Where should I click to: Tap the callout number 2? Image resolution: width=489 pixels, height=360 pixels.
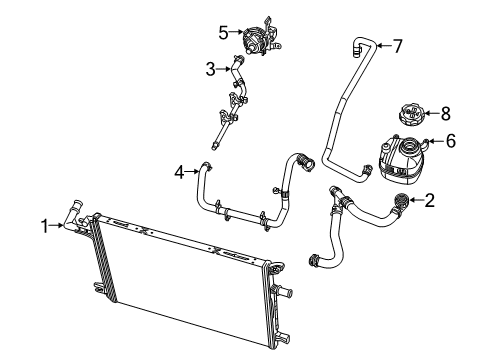tap(429, 201)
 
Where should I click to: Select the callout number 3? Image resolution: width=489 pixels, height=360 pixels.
tap(211, 69)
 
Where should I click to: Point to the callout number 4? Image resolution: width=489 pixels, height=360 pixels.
tap(181, 171)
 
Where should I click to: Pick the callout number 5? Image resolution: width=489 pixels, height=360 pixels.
tap(223, 31)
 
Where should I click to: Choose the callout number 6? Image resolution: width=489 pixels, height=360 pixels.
tap(450, 141)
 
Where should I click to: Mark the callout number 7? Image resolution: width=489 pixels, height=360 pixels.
tap(397, 45)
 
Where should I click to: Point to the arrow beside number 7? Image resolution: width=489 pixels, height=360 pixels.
tap(380, 46)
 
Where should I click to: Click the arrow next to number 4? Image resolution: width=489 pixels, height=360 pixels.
tap(195, 171)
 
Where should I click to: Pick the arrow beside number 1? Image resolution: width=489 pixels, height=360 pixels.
tap(60, 227)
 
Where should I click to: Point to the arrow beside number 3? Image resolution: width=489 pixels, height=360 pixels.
tap(226, 69)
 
